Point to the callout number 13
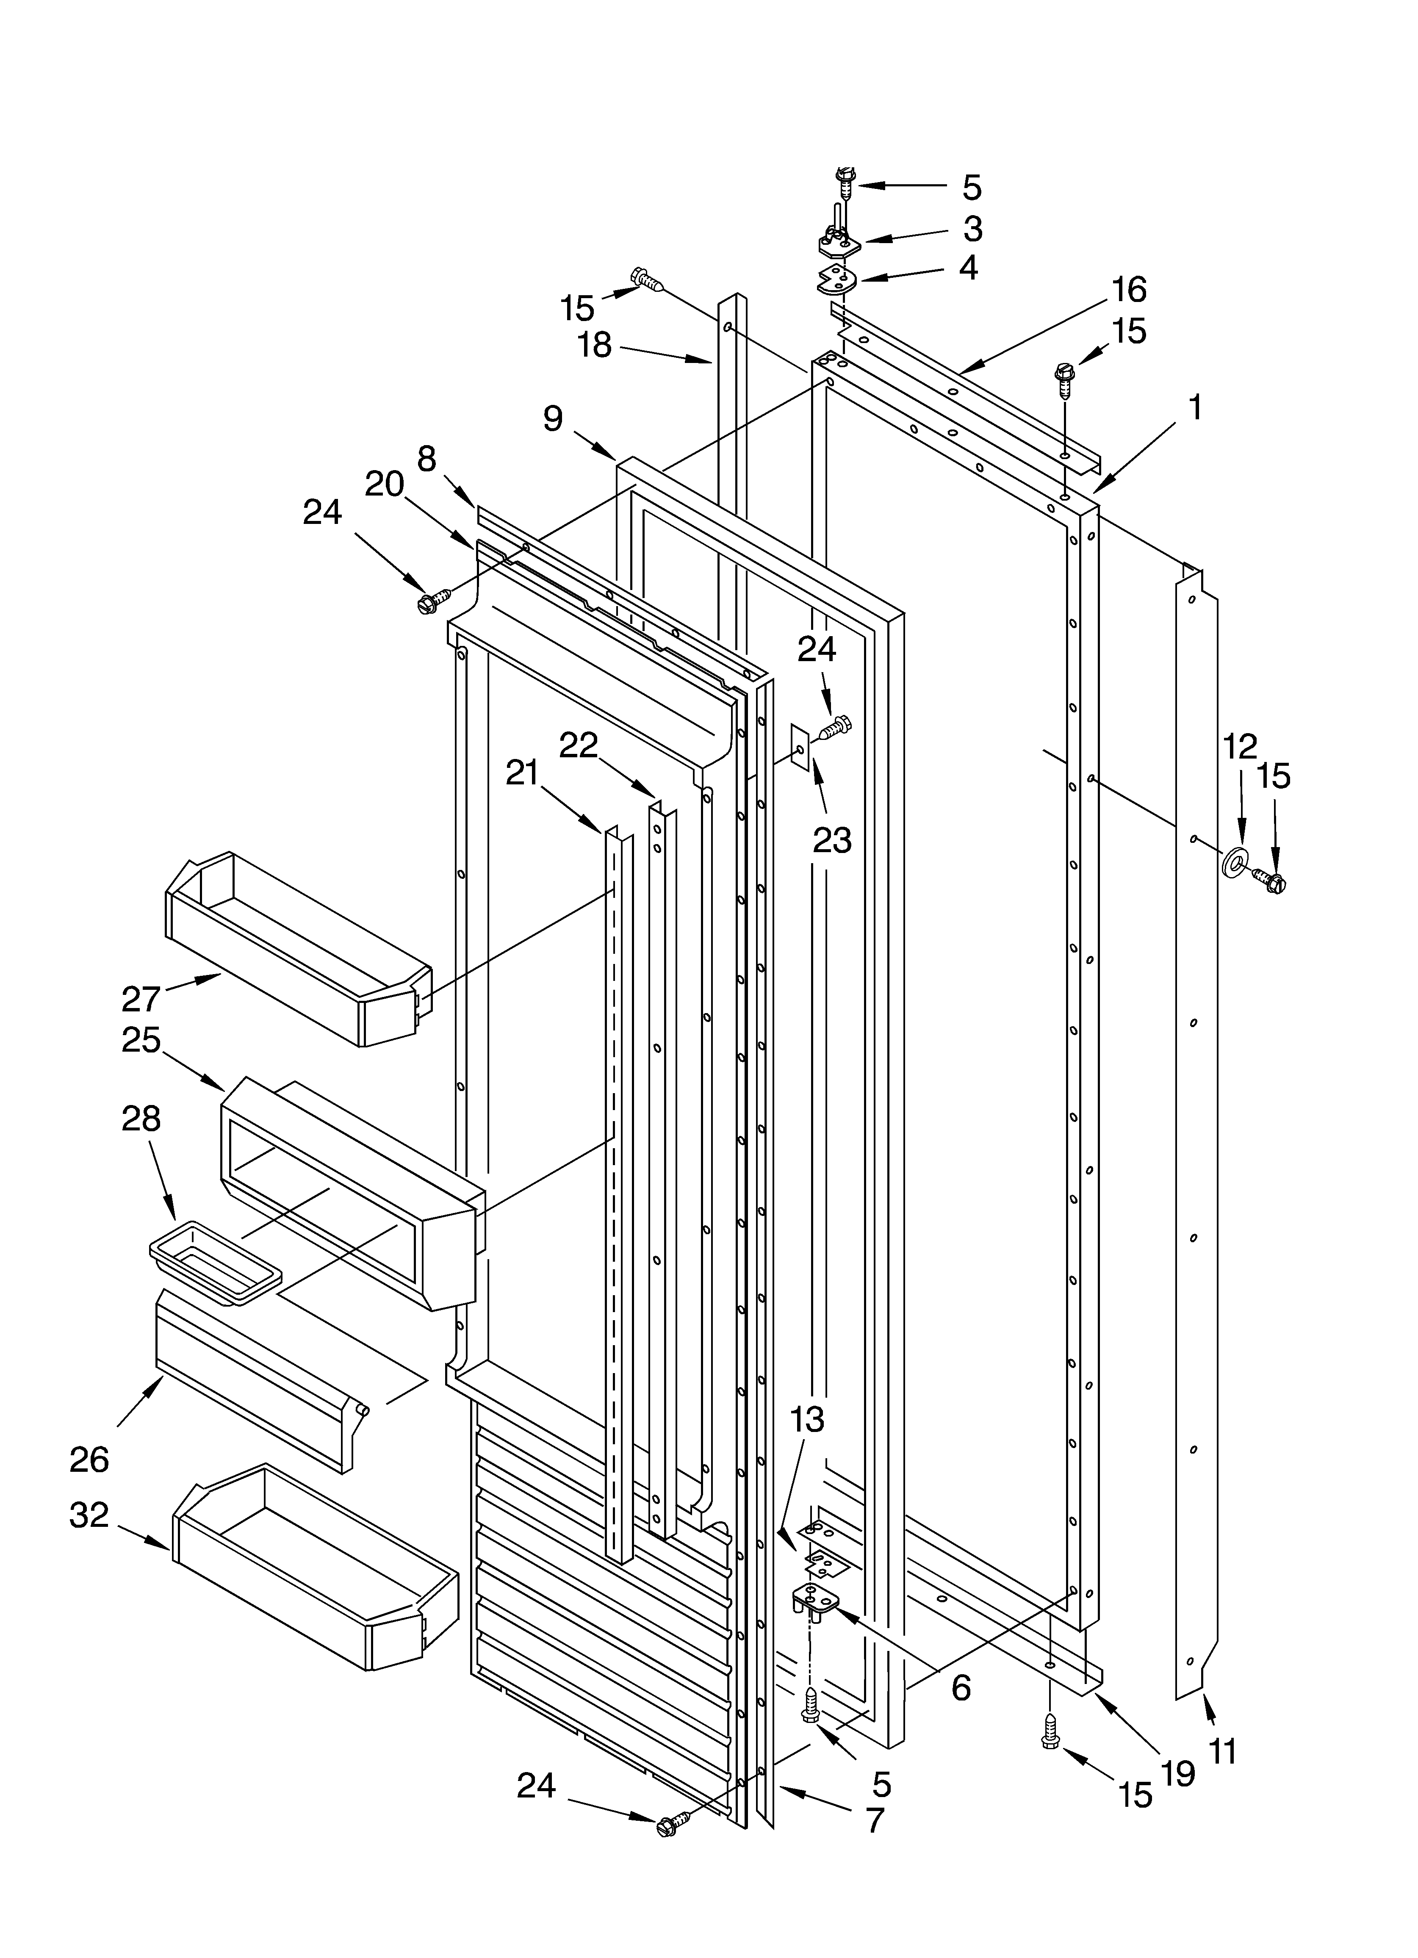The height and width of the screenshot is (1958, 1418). click(x=807, y=1418)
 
